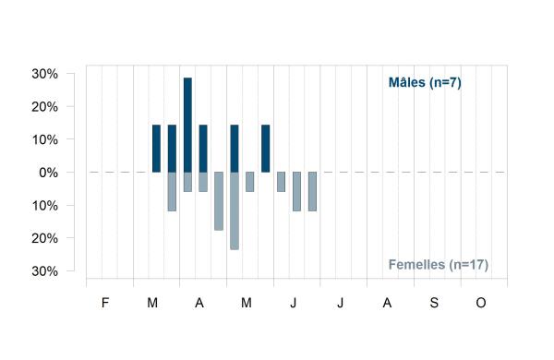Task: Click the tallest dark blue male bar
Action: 187,125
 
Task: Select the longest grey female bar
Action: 235,210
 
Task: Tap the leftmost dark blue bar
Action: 156,149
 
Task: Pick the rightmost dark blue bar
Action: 265,149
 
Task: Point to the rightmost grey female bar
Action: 312,191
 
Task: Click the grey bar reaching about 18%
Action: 219,201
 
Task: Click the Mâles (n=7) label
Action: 425,83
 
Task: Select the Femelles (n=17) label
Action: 439,265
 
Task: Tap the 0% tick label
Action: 48,173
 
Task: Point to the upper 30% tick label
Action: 45,74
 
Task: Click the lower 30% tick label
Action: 45,271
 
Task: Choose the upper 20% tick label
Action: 45,107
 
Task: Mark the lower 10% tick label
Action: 45,206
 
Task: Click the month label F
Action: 105,303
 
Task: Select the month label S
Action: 434,303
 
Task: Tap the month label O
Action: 481,303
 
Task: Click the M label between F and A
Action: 152,303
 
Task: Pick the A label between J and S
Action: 387,303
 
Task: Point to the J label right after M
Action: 294,303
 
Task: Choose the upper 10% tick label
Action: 45,140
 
